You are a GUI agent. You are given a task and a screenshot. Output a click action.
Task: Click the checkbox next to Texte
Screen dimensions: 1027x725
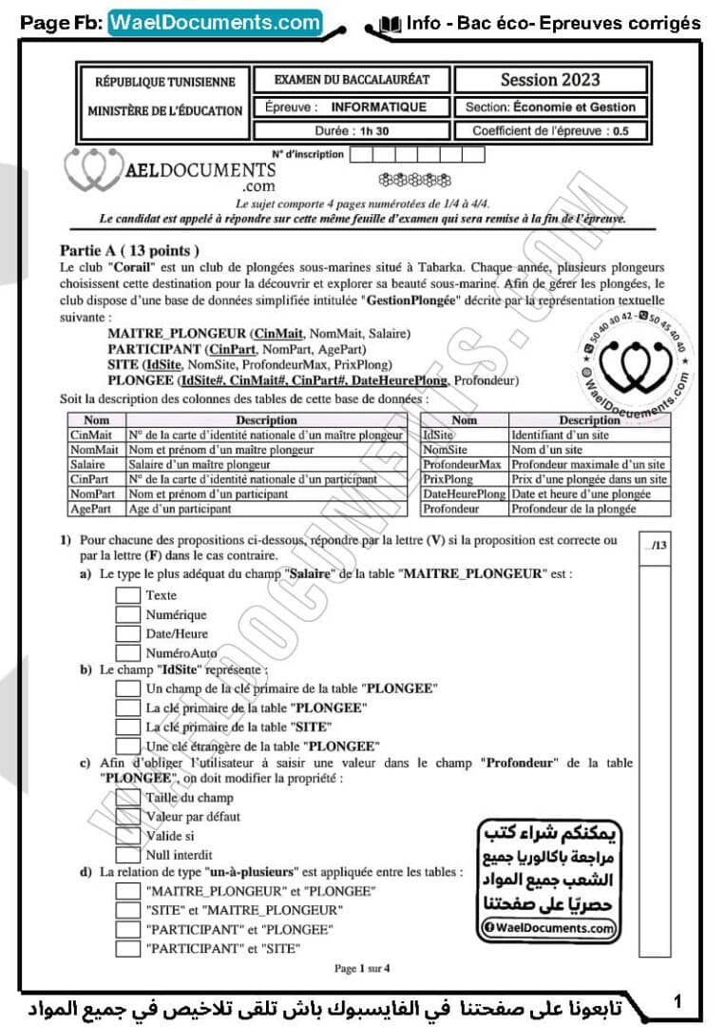pos(128,595)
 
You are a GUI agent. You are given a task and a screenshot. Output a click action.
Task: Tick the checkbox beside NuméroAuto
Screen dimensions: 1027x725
pos(128,653)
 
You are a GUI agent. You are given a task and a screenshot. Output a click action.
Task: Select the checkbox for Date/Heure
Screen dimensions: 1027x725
pos(128,634)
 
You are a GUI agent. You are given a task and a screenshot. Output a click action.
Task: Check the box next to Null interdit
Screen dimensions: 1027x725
pos(128,854)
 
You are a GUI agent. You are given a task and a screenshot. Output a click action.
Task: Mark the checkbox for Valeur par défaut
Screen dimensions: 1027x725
pos(128,816)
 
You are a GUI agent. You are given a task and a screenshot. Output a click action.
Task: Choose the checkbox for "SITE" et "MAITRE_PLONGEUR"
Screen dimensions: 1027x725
pos(128,910)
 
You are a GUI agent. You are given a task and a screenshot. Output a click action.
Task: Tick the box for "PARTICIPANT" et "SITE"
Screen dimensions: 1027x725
pos(128,948)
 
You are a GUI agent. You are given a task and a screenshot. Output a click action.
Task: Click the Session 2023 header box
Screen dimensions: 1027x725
pos(550,80)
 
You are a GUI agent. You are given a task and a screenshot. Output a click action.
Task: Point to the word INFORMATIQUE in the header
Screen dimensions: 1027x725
pos(378,107)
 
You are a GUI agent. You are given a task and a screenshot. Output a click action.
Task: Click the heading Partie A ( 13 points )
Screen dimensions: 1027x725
pos(129,251)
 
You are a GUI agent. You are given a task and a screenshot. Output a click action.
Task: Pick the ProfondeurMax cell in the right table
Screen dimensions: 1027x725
pos(464,465)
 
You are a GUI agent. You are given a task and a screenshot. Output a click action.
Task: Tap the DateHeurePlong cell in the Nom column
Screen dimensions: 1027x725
pos(464,494)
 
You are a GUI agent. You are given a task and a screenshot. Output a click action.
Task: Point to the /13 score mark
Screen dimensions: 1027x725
pos(656,546)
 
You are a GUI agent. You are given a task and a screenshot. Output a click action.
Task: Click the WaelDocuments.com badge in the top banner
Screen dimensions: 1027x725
pos(215,23)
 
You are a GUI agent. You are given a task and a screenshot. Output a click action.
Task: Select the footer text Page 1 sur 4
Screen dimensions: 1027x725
pos(362,968)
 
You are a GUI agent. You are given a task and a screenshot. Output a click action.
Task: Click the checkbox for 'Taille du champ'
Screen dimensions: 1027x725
pos(128,797)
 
